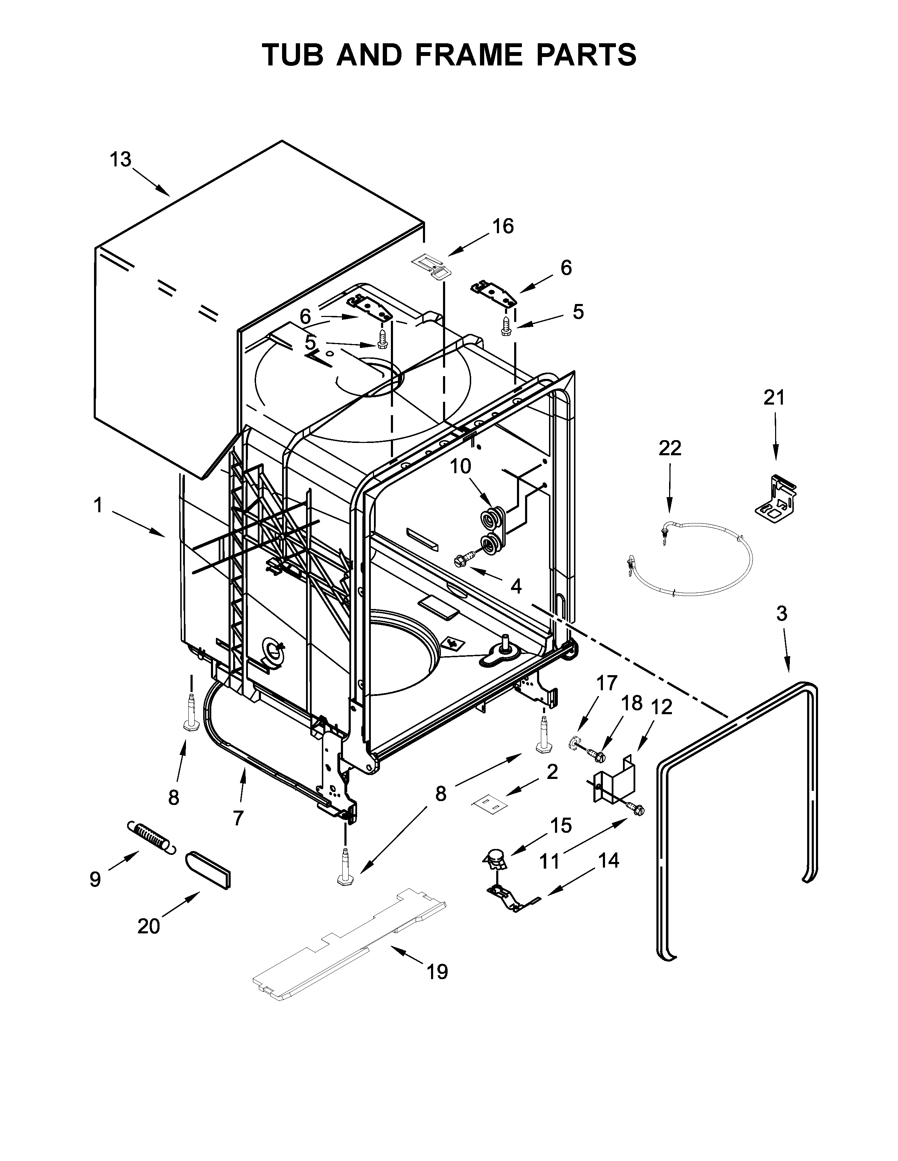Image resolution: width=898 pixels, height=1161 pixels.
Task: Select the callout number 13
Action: (x=121, y=159)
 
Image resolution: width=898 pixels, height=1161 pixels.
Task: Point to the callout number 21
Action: (x=774, y=397)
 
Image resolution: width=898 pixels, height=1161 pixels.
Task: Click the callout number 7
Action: (x=238, y=818)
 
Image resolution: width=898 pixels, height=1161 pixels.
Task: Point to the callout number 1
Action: (x=98, y=506)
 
